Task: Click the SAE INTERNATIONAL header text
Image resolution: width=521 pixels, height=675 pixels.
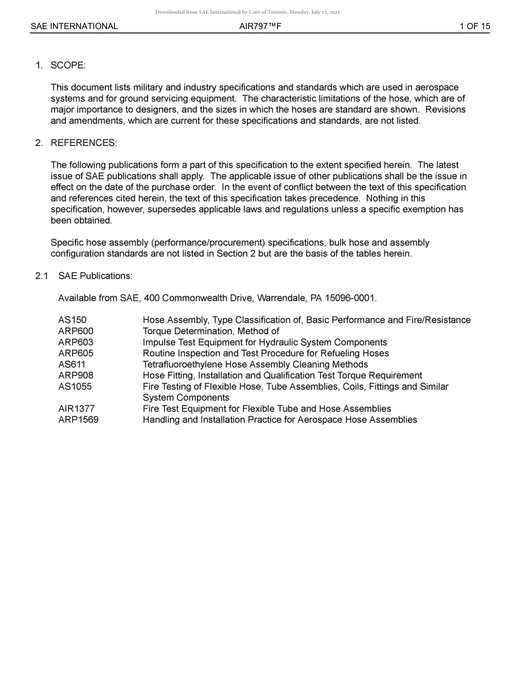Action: [x=74, y=26]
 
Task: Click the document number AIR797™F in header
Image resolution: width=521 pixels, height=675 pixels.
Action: [x=260, y=26]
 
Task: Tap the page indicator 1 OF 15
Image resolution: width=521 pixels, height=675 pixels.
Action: [x=474, y=26]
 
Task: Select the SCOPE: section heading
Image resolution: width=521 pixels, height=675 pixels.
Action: [x=68, y=65]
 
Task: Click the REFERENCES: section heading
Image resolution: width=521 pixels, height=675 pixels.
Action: [x=83, y=143]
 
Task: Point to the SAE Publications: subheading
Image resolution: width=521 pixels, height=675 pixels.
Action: [x=95, y=275]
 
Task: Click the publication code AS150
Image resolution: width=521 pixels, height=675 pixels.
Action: [x=72, y=320]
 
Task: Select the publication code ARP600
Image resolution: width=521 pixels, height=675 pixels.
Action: [x=76, y=331]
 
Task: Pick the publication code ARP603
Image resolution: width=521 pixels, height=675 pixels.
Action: [x=76, y=342]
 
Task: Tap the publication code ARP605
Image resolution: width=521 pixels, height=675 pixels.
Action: [x=76, y=353]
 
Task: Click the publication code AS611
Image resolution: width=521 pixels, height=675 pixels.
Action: [x=72, y=364]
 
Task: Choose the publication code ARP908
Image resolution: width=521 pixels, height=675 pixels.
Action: [x=76, y=375]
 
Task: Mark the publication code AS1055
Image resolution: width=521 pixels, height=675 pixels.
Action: [x=75, y=386]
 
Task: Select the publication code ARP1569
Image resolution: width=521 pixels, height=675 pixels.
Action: [x=78, y=420]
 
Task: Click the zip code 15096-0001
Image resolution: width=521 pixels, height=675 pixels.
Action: [x=350, y=298]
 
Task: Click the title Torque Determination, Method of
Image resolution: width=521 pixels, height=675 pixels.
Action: [x=211, y=331]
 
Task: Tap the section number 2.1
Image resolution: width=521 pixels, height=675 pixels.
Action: [x=42, y=275]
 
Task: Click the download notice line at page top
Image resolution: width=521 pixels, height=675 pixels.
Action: [x=247, y=12]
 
